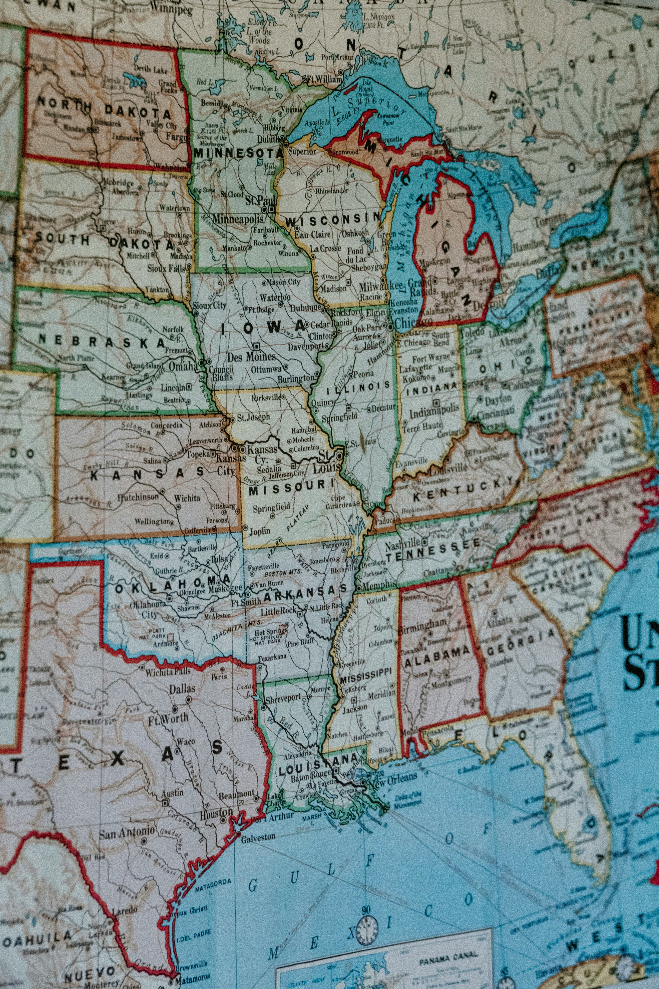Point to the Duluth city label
(269, 139)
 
